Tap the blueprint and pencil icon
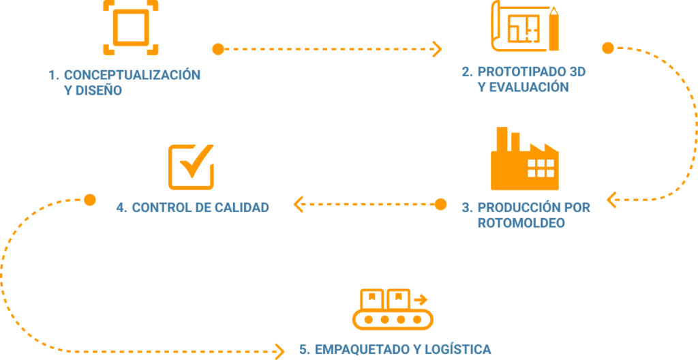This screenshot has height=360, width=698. (526, 26)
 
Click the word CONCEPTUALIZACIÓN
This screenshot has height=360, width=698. (132, 75)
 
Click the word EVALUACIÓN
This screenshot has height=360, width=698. (529, 87)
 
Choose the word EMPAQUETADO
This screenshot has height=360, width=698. (354, 349)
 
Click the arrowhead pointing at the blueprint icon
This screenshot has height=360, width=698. (437, 49)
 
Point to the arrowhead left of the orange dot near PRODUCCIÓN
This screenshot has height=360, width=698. (299, 205)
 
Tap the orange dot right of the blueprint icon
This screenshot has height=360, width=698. (607, 48)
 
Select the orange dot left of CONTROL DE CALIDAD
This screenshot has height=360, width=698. (90, 200)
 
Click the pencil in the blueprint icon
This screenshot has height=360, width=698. (553, 29)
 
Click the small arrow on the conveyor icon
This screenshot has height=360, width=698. (421, 299)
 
